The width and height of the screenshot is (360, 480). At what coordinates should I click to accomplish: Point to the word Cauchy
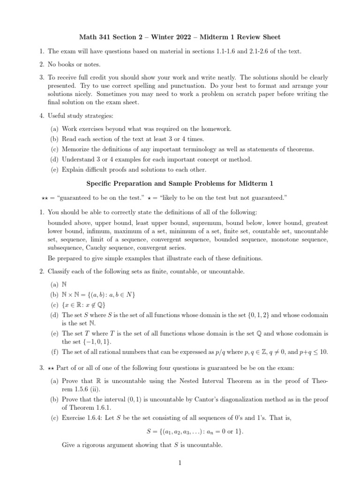click(x=96, y=248)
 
